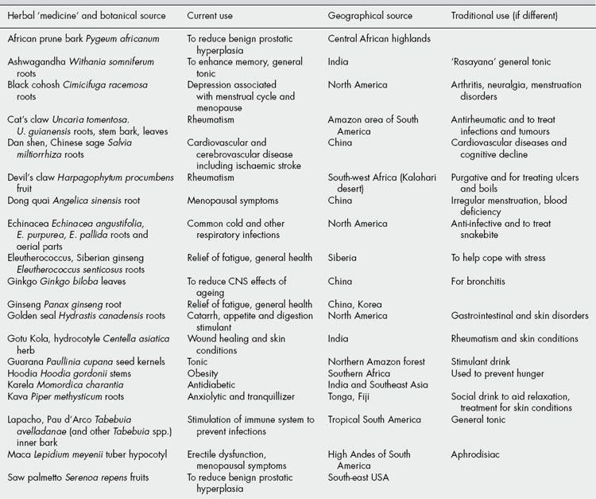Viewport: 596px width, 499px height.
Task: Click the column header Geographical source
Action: [370, 16]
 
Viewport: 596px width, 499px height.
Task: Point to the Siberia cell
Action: [343, 258]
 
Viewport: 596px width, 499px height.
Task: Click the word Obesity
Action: [204, 372]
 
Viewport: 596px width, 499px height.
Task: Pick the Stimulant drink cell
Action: [482, 361]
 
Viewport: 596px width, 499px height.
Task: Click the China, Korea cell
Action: [354, 304]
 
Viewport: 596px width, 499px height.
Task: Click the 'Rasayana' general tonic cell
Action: [501, 61]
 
